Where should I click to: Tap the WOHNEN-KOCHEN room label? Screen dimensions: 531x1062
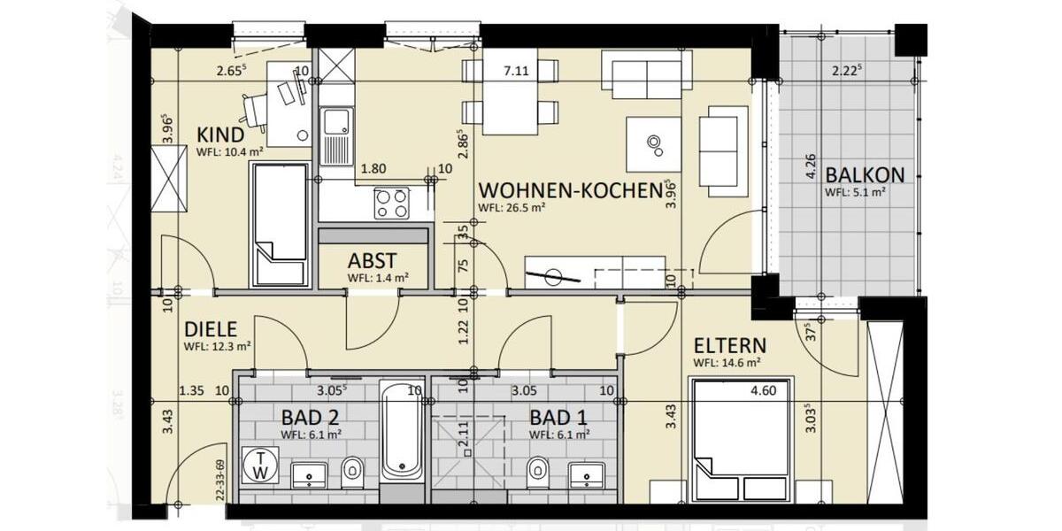[570, 190]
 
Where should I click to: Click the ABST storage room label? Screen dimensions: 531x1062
[372, 261]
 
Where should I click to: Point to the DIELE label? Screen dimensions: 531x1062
[211, 329]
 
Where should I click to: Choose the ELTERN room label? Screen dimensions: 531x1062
[730, 345]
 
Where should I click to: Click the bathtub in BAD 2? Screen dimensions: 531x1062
[402, 429]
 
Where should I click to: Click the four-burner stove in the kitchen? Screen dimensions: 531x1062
[391, 204]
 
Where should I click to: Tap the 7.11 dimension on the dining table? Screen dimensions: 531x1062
[516, 72]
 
